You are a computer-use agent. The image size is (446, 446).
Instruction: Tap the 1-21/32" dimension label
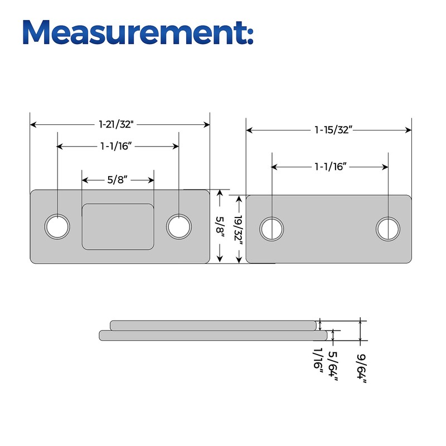pos(116,124)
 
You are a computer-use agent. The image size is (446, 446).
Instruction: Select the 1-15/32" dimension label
pos(333,130)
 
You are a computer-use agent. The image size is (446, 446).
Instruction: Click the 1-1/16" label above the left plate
pos(116,146)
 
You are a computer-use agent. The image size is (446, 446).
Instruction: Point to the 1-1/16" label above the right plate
pos(331,166)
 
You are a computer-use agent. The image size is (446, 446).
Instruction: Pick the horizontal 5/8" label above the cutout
pos(117,180)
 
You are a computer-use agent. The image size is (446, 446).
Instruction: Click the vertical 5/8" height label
pos(220,225)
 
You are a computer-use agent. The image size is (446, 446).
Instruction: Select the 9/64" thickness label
pos(361,369)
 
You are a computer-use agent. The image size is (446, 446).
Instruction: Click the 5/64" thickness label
pos(333,366)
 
